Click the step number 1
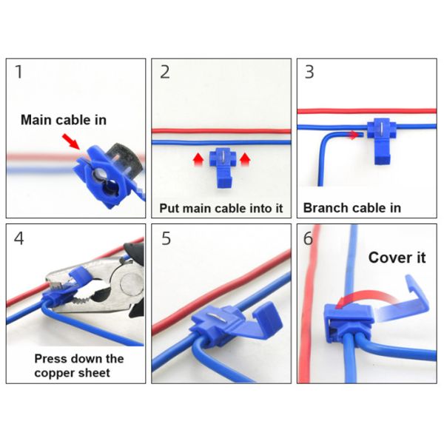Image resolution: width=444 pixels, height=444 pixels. tap(18, 72)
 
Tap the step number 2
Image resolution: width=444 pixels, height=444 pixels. tap(165, 72)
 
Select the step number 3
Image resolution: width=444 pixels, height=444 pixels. tap(309, 72)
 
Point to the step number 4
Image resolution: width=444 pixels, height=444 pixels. tap(18, 238)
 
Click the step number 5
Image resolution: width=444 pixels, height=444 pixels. tap(166, 238)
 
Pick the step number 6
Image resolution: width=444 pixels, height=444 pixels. tap(308, 238)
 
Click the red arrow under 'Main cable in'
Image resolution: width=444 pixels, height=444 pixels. tap(71, 141)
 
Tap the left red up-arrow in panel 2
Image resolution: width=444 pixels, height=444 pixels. tap(198, 159)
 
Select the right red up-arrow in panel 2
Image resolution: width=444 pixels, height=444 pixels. tap(245, 159)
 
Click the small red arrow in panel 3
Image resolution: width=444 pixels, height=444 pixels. tap(354, 135)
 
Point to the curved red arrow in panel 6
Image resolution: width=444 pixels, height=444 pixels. tap(366, 297)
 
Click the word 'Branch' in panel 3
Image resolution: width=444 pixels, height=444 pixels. tap(323, 208)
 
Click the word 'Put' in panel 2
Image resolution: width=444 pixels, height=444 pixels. tap(169, 208)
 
